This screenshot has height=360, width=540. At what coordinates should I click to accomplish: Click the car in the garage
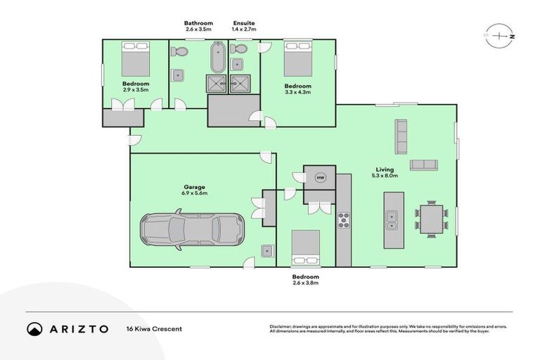191,229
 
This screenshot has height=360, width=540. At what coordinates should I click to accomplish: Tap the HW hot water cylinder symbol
321,178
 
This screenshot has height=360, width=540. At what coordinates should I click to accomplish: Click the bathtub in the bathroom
217,58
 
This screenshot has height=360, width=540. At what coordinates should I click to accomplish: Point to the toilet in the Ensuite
240,50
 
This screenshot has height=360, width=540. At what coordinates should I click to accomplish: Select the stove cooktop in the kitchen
344,219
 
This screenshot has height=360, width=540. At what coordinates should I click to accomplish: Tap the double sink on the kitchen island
391,219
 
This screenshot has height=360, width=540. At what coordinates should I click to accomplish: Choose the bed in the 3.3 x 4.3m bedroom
298,59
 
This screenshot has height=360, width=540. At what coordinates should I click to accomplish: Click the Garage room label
195,186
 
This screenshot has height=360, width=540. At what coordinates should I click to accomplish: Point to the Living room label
384,169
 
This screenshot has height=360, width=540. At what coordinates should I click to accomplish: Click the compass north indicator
499,35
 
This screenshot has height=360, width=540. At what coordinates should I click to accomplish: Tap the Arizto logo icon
34,328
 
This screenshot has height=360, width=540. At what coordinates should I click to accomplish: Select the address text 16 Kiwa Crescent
154,329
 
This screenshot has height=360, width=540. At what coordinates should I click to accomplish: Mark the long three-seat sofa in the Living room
401,136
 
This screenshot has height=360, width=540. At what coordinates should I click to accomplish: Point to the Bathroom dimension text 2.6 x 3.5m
198,30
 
